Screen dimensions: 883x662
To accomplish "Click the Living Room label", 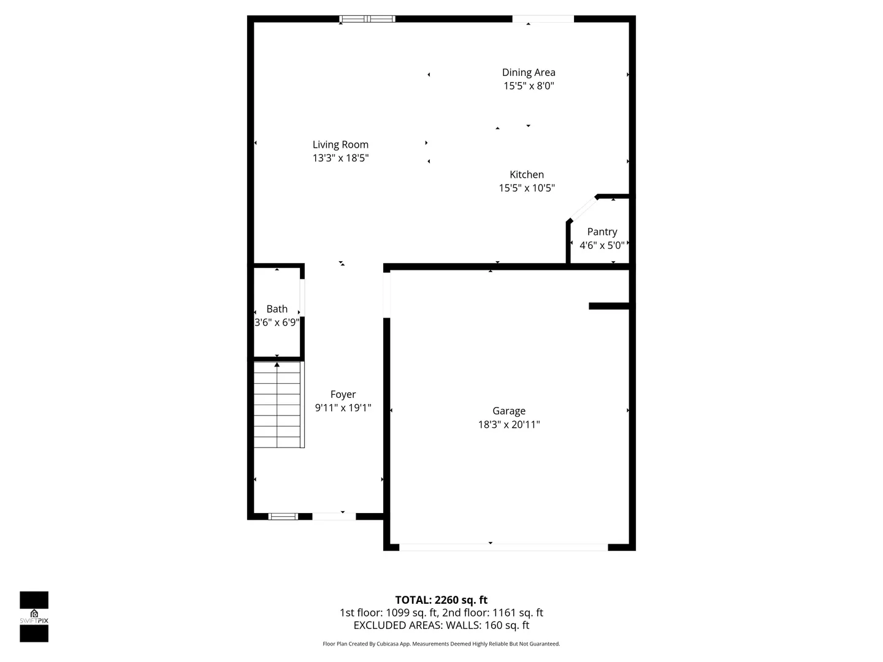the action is [x=340, y=144].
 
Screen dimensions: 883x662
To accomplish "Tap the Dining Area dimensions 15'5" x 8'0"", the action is [x=529, y=86].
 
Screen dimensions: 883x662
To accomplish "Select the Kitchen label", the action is [x=527, y=175].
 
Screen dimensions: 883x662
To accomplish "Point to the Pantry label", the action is [x=602, y=232].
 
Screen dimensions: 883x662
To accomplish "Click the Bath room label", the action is [x=277, y=309].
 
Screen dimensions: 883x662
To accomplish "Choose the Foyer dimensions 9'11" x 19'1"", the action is [x=343, y=408].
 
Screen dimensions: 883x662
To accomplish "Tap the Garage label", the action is [x=509, y=411].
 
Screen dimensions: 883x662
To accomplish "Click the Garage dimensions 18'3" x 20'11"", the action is [x=509, y=424].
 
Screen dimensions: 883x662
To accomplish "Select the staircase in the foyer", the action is [x=279, y=405].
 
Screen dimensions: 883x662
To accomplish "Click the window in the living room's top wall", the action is [x=367, y=19].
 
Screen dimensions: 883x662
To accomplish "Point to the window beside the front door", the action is [x=283, y=517].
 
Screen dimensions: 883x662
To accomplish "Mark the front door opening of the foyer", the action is [x=334, y=517].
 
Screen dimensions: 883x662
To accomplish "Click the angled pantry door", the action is [x=584, y=208].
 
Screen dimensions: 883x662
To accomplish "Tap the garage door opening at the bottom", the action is [x=503, y=547].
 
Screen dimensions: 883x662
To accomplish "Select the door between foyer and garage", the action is [x=386, y=295].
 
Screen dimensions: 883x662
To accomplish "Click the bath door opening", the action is [x=302, y=297].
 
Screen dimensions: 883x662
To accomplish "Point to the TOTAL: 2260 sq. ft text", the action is [x=442, y=600].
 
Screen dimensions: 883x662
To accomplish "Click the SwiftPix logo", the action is [x=34, y=617].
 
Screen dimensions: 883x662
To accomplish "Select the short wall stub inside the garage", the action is [x=609, y=306].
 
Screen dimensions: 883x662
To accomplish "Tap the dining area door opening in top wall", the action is [x=543, y=19].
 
